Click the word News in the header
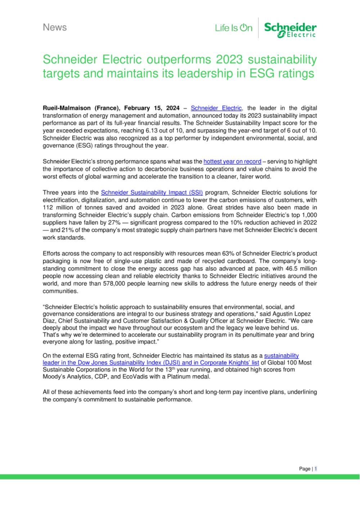(55, 27)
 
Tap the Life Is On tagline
(234, 28)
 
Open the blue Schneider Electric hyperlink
(216, 108)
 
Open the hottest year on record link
(232, 161)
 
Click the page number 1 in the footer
(316, 469)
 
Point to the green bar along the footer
(180, 477)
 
